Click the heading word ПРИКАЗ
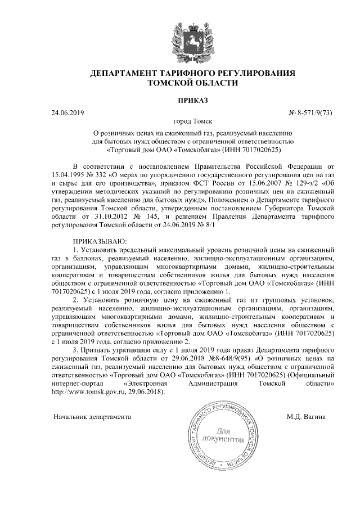pos(193,100)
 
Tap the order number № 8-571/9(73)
pos(310,113)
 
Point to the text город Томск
pos(193,121)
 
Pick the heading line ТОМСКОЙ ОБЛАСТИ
pos(192,83)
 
